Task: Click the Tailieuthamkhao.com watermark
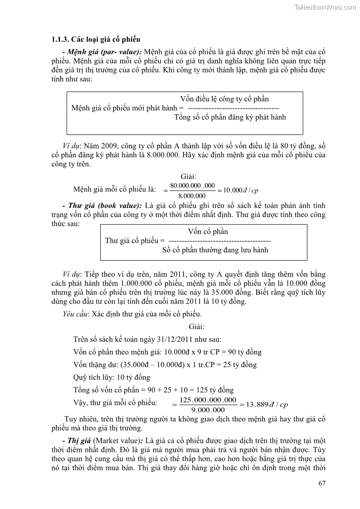coord(325,7)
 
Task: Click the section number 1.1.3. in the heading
coord(62,39)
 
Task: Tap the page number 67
coord(322,483)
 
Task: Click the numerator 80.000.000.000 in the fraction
coord(192,186)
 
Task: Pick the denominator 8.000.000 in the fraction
coord(192,196)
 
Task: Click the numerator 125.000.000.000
coord(208,400)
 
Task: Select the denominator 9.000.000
coord(208,410)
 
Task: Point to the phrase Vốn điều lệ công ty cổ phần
coord(224,99)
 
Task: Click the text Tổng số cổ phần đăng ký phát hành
coord(230,117)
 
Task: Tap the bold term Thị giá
coord(80,441)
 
